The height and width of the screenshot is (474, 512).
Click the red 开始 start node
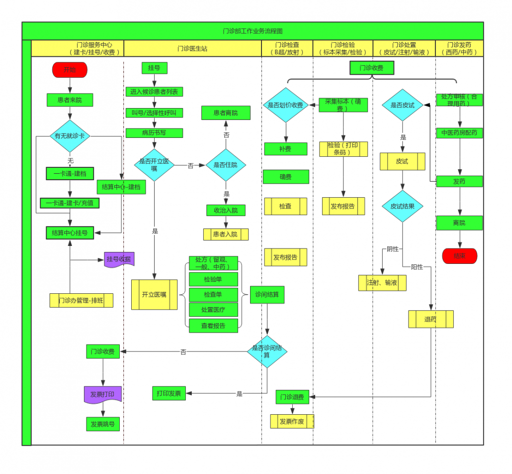(x=70, y=70)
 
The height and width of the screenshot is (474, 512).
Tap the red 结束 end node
(x=459, y=256)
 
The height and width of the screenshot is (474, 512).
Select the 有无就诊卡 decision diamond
(x=70, y=136)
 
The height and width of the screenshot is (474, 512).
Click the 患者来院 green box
(x=70, y=100)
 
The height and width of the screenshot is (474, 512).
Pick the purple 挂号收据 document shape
(x=119, y=259)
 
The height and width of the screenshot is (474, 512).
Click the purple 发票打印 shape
(x=103, y=394)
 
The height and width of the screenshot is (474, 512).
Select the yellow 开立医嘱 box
(x=154, y=294)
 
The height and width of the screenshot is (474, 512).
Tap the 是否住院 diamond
(x=226, y=165)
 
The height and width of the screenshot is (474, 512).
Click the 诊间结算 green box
(x=267, y=294)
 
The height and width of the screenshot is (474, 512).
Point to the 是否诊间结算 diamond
(x=267, y=352)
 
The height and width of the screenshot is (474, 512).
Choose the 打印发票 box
(x=169, y=393)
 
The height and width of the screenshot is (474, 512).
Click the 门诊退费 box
(x=292, y=397)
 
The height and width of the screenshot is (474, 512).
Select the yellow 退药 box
(x=430, y=319)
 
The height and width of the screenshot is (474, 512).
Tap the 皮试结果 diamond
(x=403, y=207)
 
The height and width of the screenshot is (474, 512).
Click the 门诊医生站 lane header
(x=192, y=49)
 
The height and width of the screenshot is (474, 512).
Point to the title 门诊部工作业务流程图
(x=253, y=31)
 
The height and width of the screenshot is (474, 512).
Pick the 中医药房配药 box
(x=459, y=133)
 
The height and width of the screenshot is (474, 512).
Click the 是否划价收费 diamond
(x=286, y=105)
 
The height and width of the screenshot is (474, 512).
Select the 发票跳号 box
(x=103, y=424)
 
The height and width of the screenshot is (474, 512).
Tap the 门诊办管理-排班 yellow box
(x=81, y=300)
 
